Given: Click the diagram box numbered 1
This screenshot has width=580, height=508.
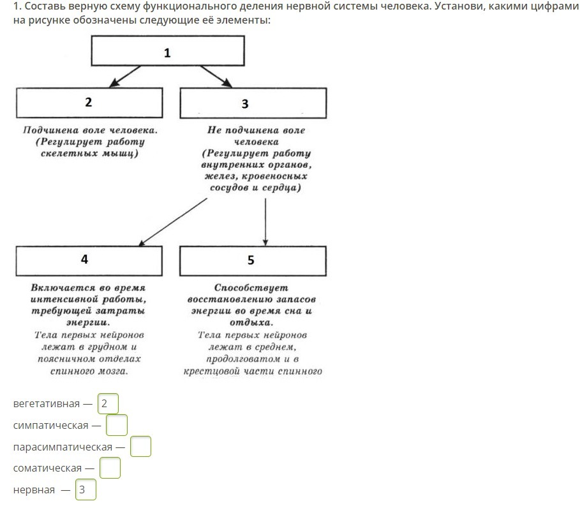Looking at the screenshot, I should (167, 51).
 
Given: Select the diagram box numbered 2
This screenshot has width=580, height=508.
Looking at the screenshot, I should (89, 102).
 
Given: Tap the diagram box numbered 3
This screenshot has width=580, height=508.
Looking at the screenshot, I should (253, 103).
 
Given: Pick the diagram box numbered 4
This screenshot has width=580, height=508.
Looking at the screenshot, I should (89, 260).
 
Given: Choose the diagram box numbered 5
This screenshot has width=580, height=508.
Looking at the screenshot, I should (253, 260).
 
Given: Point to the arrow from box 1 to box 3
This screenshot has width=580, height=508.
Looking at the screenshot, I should (216, 75).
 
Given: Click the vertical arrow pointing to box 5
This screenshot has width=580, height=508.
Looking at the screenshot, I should (265, 220).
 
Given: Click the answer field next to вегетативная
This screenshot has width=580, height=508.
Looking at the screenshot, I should (108, 404).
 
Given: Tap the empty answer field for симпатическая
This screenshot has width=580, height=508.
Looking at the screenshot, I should (117, 425).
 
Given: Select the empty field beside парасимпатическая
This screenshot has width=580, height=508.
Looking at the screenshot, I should (140, 447).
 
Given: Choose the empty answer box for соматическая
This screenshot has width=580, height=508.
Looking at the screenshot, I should (110, 468).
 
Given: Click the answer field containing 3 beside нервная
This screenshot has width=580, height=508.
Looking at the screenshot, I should (86, 490).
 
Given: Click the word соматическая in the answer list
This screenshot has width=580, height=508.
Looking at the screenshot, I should (47, 468).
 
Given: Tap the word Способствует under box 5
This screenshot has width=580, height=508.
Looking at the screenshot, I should (251, 288).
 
